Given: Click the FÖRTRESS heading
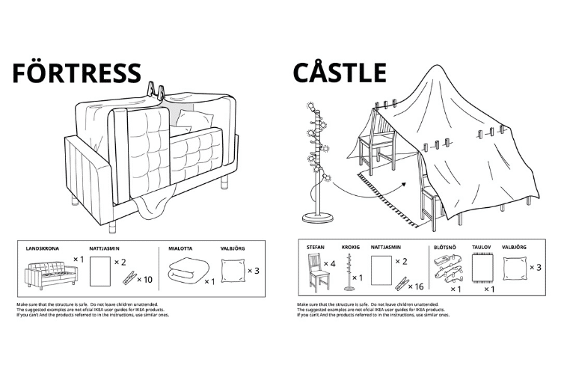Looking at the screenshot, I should tap(76, 73).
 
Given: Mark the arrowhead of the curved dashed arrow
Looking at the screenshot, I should tap(403, 183).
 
